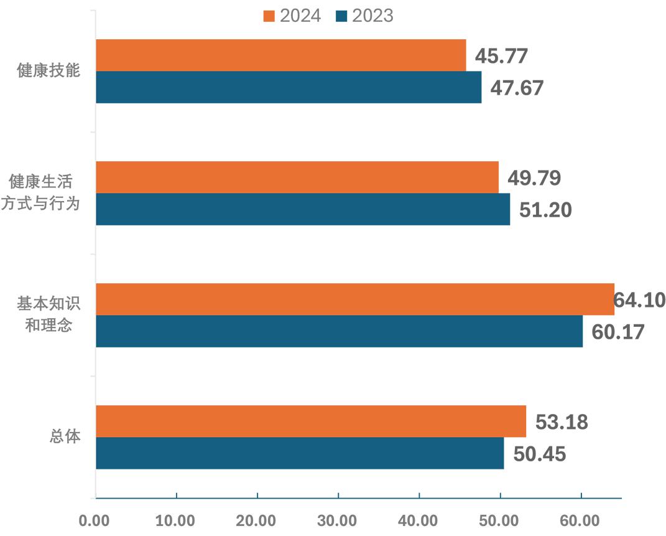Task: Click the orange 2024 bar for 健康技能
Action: pos(280,55)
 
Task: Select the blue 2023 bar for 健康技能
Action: pos(289,87)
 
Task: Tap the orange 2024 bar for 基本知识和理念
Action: pos(354,299)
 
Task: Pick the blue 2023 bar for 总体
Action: pos(300,453)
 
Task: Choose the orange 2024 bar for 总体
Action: pos(311,421)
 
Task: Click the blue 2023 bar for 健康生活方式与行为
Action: pos(303,209)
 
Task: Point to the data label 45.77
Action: pos(501,56)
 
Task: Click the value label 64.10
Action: pos(639,300)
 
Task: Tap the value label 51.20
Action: pos(545,210)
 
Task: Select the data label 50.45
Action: pos(539,454)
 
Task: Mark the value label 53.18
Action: pos(562,422)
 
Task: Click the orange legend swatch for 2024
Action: pos(269,16)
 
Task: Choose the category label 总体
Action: pos(65,436)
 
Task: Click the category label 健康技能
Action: pos(49,70)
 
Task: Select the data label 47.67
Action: pos(517,88)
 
